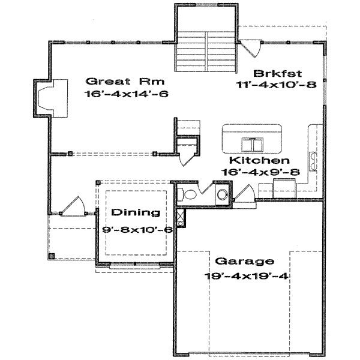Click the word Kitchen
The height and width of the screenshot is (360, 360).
tap(260, 161)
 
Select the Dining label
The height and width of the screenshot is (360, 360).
tap(136, 212)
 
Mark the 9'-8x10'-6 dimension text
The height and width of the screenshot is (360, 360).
tap(137, 229)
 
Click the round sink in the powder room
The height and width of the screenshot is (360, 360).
tap(222, 194)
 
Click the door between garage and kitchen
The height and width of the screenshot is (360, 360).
tap(244, 196)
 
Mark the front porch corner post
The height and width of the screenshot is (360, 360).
tap(51, 256)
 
